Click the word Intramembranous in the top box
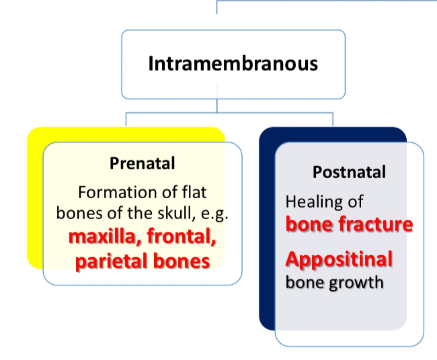(233, 63)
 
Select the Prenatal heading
(142, 163)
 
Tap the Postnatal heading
(349, 172)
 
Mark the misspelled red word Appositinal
(339, 259)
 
